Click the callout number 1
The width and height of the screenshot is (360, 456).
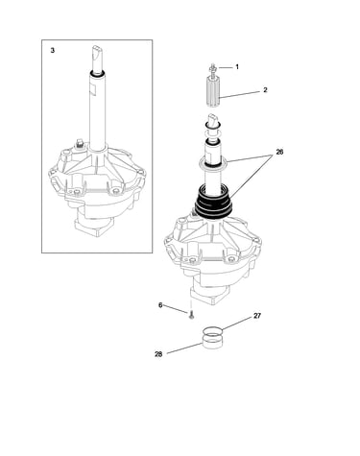(237, 67)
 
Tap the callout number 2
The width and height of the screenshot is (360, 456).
(265, 90)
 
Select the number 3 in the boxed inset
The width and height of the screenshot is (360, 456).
(53, 50)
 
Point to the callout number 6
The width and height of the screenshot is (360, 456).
(160, 305)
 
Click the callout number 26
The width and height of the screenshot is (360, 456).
(279, 152)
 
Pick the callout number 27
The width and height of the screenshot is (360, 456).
(257, 316)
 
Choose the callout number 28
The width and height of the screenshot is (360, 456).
(158, 354)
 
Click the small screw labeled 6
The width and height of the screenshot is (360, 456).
(191, 316)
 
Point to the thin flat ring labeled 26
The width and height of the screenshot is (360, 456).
(213, 163)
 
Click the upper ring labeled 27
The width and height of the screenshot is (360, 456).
(212, 330)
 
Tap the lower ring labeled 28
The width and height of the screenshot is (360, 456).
(212, 342)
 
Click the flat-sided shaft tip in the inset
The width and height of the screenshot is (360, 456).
(96, 58)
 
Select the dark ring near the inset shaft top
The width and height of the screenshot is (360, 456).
(97, 74)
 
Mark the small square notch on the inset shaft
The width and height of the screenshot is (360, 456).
(92, 89)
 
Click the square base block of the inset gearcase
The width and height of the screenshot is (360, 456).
(93, 228)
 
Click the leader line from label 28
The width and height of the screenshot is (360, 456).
(185, 348)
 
